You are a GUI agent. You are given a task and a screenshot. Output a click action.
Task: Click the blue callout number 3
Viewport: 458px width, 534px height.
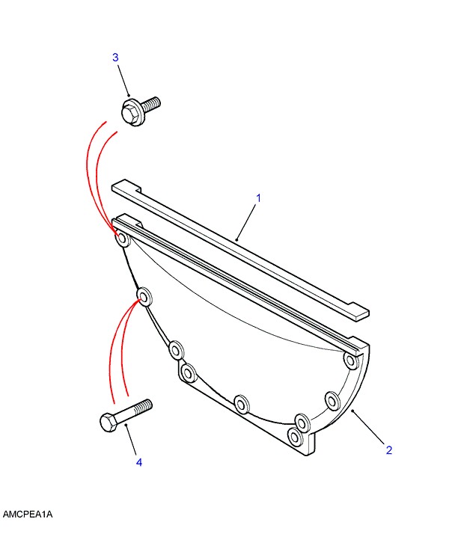click(x=115, y=57)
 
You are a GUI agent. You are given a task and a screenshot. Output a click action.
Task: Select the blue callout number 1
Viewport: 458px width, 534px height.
click(x=258, y=198)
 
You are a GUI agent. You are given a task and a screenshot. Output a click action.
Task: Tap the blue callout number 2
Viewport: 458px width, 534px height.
click(x=389, y=450)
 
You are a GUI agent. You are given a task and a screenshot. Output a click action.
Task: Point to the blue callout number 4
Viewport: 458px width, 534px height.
click(x=139, y=462)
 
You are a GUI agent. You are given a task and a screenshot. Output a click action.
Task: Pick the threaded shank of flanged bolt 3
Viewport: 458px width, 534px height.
click(x=152, y=103)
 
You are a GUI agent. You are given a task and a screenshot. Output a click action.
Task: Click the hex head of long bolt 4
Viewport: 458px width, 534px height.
click(x=109, y=423)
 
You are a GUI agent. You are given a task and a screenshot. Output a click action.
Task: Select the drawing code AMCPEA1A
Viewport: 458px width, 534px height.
click(x=28, y=514)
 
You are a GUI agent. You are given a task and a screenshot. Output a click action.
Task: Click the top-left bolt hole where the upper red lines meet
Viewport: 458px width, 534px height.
click(x=123, y=239)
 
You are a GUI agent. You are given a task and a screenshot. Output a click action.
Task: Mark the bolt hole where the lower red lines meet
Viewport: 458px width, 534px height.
click(x=144, y=298)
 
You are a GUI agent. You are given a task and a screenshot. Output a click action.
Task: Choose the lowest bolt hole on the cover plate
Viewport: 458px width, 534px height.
click(x=295, y=436)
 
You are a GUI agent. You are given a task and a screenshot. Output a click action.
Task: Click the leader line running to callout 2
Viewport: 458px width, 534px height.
click(x=369, y=427)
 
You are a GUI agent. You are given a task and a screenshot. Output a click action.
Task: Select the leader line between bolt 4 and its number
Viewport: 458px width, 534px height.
click(x=131, y=440)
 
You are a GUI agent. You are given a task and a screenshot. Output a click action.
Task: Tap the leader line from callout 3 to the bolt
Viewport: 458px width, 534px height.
click(x=123, y=80)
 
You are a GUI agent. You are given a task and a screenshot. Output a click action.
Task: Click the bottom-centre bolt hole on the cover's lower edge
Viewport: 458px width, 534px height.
click(x=242, y=405)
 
